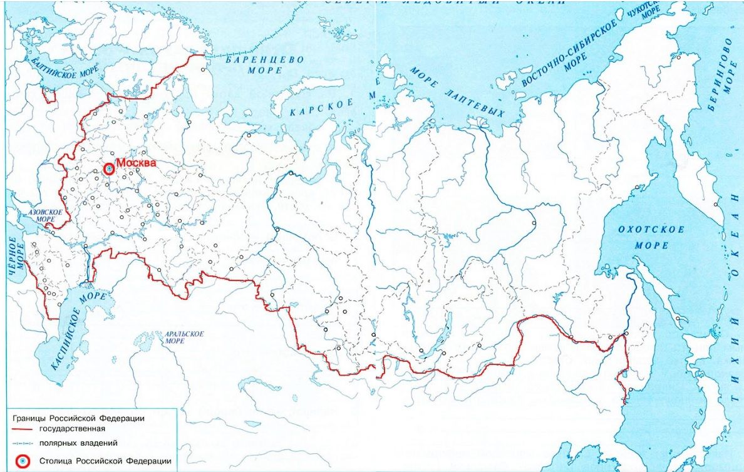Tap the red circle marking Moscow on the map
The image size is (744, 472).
pyautogui.click(x=109, y=169)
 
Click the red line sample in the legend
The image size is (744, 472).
pyautogui.click(x=27, y=430)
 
